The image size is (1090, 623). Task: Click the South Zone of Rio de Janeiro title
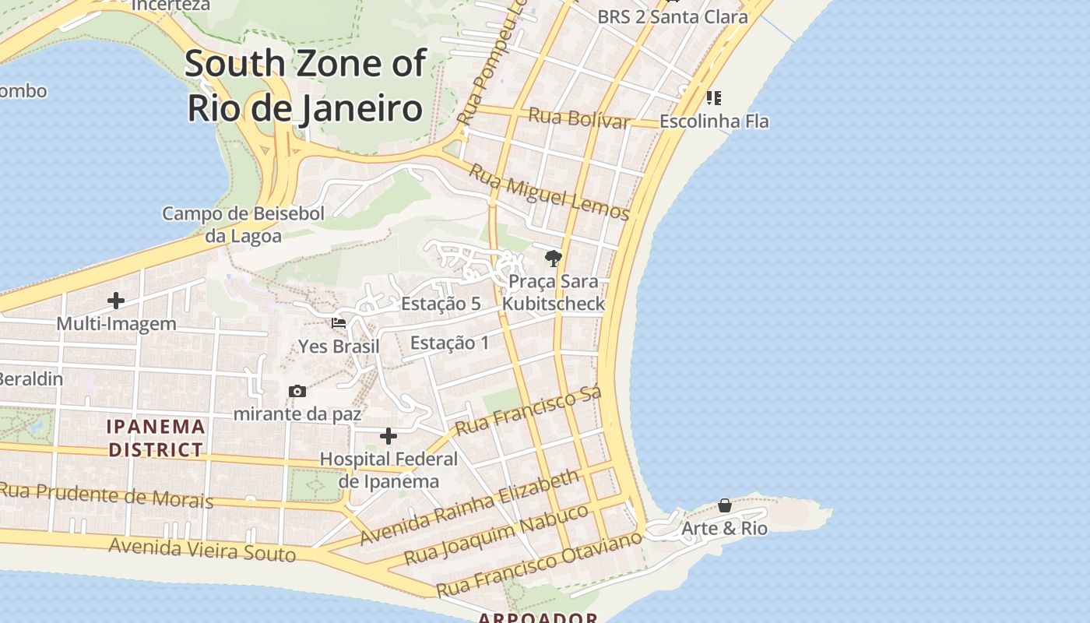pyautogui.click(x=305, y=86)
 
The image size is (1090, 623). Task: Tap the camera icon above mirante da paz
pyautogui.click(x=297, y=391)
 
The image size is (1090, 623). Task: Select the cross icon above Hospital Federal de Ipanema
pyautogui.click(x=388, y=436)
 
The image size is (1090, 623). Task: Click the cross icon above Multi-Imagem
pyautogui.click(x=116, y=301)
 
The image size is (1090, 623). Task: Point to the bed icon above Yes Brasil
pyautogui.click(x=339, y=322)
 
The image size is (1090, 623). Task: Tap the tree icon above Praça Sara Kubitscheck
pyautogui.click(x=553, y=258)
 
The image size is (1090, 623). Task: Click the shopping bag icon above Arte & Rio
pyautogui.click(x=724, y=505)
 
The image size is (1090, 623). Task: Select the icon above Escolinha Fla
pyautogui.click(x=713, y=98)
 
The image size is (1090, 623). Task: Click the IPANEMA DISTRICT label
pyautogui.click(x=156, y=438)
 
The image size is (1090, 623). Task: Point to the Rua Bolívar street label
pyautogui.click(x=578, y=118)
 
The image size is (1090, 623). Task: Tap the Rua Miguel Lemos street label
pyautogui.click(x=549, y=192)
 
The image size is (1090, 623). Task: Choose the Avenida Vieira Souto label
pyautogui.click(x=202, y=549)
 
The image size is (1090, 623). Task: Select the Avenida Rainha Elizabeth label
pyautogui.click(x=470, y=507)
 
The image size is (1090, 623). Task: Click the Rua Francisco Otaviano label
pyautogui.click(x=539, y=564)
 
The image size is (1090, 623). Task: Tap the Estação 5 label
pyautogui.click(x=441, y=304)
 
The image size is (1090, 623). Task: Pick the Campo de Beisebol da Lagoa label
pyautogui.click(x=243, y=224)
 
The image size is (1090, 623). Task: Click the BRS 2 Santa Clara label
pyautogui.click(x=672, y=17)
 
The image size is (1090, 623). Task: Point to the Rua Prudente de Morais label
pyautogui.click(x=107, y=495)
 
